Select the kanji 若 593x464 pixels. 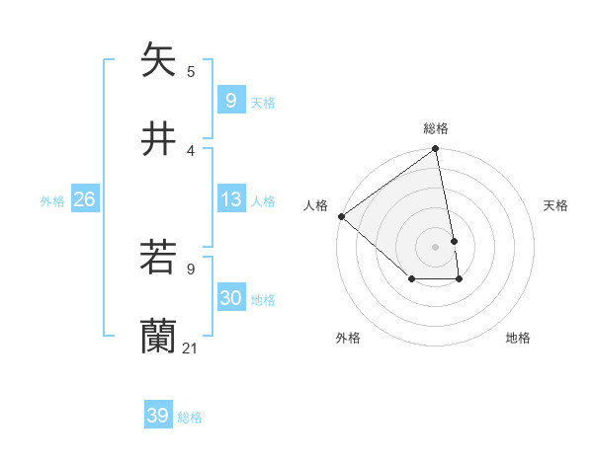point(158,258)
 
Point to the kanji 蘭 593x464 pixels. point(158,337)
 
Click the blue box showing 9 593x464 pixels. point(230,101)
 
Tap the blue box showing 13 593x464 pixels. point(230,200)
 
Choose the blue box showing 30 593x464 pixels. point(230,299)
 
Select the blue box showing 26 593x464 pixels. point(84,200)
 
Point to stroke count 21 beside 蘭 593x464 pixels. point(191,348)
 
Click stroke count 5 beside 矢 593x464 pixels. point(191,71)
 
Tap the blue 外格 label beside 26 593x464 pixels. point(52,201)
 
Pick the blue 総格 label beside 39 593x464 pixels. point(190,418)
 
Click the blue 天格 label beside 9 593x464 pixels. point(263,103)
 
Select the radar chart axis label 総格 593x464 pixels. point(436,128)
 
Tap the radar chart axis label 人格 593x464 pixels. point(315,205)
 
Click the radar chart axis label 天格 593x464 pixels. point(555,205)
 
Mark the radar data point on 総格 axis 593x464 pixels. point(436,150)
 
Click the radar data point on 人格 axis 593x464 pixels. point(341,216)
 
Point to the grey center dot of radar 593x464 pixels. point(436,246)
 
